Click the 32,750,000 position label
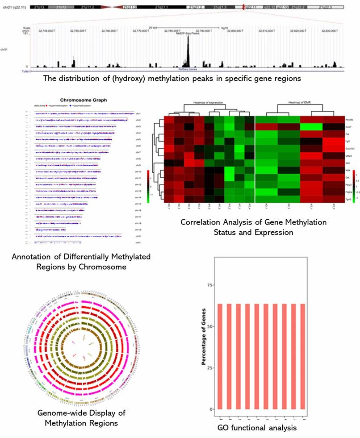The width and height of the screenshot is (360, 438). pyautogui.click(x=79, y=31)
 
